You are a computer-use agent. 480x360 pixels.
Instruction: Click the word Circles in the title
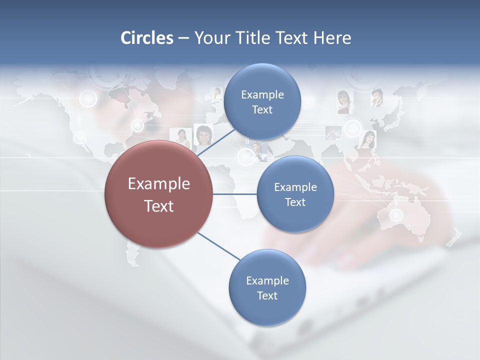tap(147, 38)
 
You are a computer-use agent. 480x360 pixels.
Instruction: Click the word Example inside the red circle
tap(159, 184)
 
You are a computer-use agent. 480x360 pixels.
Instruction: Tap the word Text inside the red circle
tap(159, 206)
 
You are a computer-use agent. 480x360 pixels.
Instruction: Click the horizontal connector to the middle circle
tap(235, 194)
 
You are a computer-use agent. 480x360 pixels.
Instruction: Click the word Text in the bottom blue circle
tap(267, 296)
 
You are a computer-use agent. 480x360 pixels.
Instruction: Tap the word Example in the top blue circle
tap(262, 95)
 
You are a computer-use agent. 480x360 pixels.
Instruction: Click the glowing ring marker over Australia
tap(396, 215)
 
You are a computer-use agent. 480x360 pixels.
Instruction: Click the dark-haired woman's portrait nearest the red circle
tap(203, 134)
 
